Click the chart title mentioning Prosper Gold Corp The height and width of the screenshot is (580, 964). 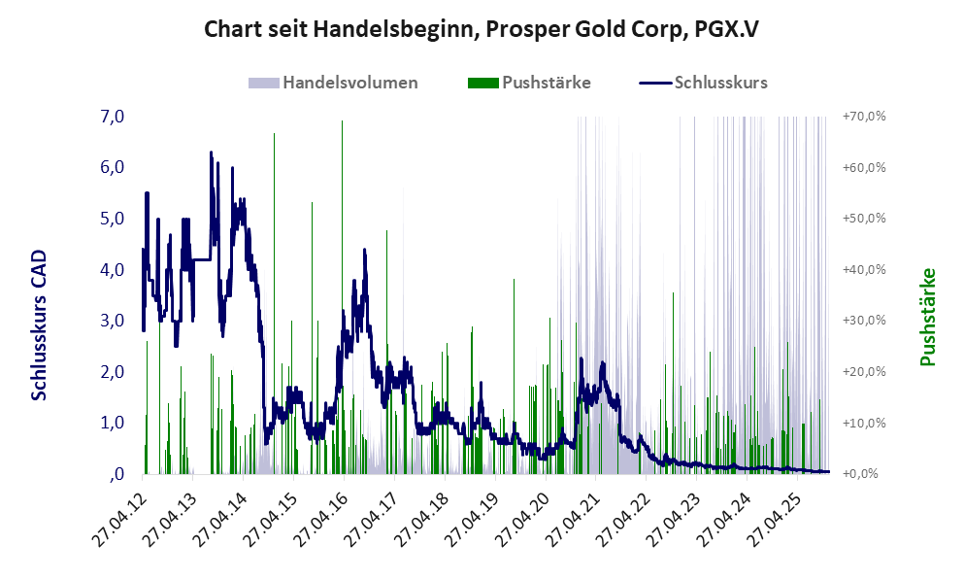coord(482,29)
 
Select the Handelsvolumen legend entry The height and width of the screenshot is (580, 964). coord(349,83)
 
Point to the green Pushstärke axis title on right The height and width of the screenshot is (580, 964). coord(927,318)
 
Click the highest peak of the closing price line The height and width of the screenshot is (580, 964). coord(211,153)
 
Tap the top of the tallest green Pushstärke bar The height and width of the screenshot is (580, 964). coord(342,121)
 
